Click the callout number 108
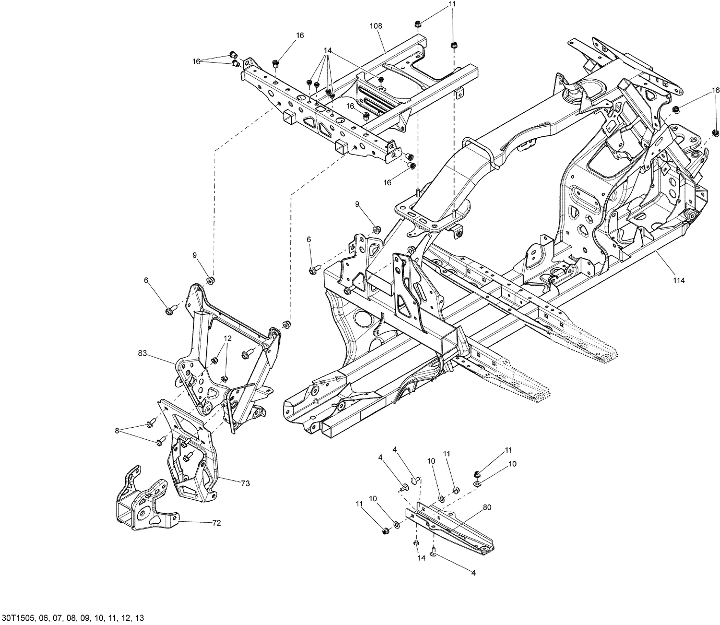point(376,26)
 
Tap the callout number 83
point(143,354)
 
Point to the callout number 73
point(245,484)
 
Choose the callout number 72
point(216,523)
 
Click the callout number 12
point(227,338)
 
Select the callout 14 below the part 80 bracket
point(421,558)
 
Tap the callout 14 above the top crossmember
point(328,50)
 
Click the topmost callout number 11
point(453,4)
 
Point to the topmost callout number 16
point(300,36)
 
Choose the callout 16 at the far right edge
point(715,90)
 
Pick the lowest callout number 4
point(473,573)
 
